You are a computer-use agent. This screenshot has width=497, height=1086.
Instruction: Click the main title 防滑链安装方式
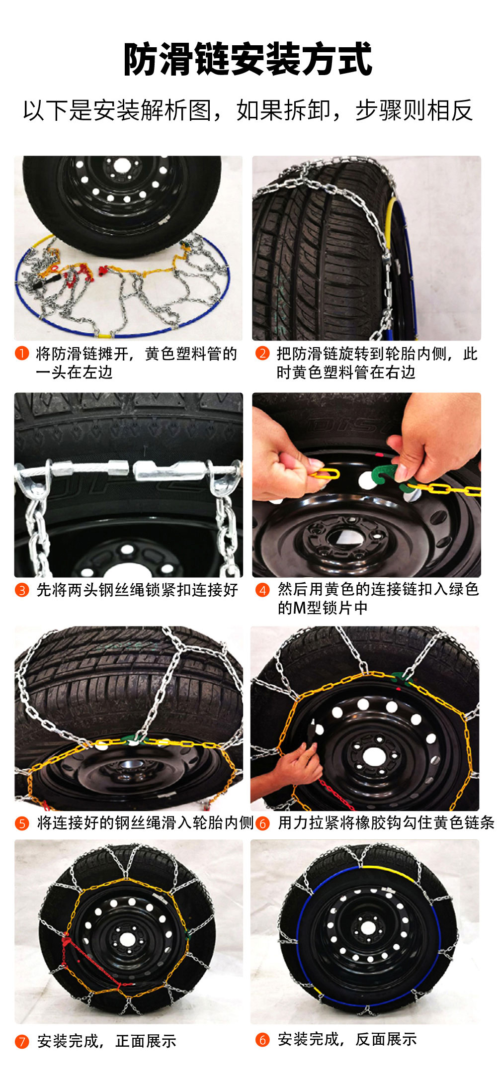point(248,60)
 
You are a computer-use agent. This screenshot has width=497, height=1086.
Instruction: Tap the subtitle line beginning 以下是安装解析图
point(248,110)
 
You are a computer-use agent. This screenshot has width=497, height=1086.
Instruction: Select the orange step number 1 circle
point(22,354)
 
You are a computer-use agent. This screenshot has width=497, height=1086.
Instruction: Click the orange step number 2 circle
point(262,354)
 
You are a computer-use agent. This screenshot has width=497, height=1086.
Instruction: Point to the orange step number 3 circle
point(22,590)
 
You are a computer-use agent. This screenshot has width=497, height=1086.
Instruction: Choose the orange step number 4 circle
point(262,590)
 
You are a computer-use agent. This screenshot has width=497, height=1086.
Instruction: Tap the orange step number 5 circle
point(22,823)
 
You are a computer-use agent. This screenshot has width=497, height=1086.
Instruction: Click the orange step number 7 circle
point(22,1041)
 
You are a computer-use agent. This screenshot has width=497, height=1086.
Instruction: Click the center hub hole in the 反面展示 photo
point(368,927)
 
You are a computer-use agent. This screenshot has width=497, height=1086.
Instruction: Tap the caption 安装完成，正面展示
point(106,1041)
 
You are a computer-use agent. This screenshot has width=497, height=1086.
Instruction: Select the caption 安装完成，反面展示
point(347,1039)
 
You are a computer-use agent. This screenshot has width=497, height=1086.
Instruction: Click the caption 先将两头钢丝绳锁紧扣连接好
point(137,590)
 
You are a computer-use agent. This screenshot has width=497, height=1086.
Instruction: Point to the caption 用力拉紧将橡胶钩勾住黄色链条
point(386,823)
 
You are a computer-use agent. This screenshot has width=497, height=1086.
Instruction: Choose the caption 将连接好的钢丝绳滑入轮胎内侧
point(145,823)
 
